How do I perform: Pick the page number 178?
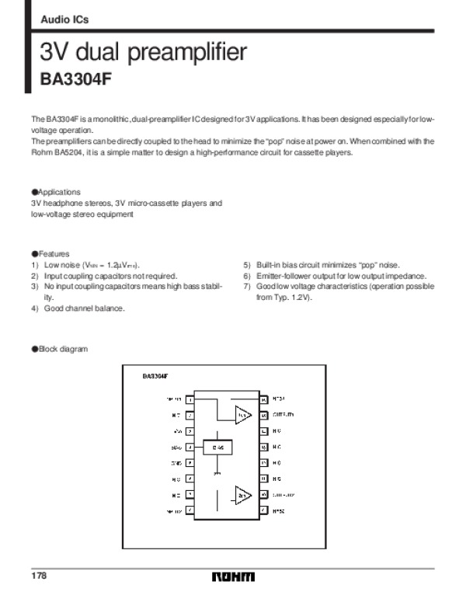[40, 576]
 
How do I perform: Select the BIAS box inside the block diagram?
[219, 448]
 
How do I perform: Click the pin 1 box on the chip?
[190, 399]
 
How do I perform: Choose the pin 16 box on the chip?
[264, 399]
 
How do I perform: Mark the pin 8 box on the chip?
[190, 510]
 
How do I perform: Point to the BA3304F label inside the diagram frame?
[155, 376]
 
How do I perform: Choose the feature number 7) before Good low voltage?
[247, 287]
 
